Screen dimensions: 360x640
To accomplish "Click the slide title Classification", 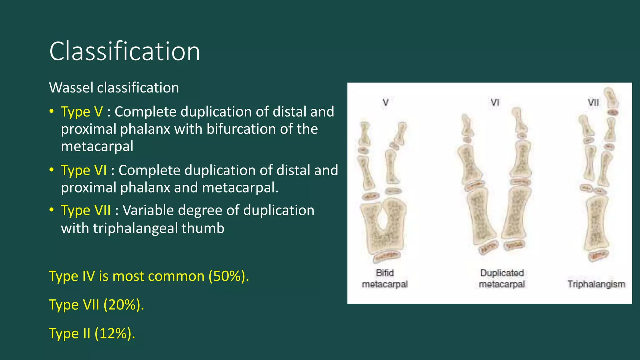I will [124, 51].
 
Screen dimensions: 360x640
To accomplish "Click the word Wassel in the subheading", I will [72, 87].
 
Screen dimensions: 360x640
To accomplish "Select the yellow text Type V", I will [82, 112].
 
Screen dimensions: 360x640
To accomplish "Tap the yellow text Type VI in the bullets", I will [84, 170].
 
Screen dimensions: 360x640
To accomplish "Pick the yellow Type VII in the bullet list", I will [86, 210].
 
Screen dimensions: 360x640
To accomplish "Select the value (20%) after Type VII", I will [123, 305].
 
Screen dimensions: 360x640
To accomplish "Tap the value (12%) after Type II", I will [115, 333].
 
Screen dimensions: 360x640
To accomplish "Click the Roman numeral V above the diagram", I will [386, 102].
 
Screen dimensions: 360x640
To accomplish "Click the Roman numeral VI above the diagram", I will [495, 102].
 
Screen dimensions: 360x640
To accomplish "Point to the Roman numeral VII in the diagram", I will [593, 102].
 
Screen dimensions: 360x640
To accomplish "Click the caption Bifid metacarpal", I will [385, 278].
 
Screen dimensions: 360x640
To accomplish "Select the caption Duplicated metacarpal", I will [502, 278].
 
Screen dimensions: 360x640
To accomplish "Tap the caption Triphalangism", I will [596, 284].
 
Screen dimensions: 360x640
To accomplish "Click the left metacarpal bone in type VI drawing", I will [481, 219].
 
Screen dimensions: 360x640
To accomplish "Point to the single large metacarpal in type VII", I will [597, 222].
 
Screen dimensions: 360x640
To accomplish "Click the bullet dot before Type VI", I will [52, 170].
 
